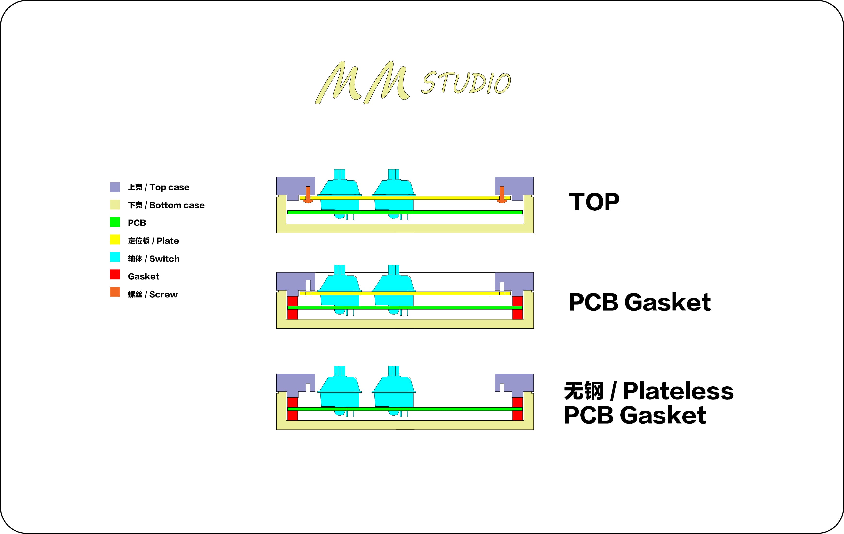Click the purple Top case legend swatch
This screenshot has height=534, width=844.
pyautogui.click(x=115, y=187)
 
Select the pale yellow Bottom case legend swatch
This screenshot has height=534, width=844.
pyautogui.click(x=115, y=205)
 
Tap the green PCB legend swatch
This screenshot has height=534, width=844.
pyautogui.click(x=115, y=222)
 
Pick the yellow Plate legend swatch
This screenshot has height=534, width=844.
pyautogui.click(x=115, y=240)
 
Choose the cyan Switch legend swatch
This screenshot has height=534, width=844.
pyautogui.click(x=115, y=257)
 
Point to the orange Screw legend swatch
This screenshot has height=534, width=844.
pyautogui.click(x=115, y=292)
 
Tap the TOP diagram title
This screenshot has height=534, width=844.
pyautogui.click(x=594, y=202)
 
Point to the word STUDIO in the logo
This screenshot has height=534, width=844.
pyautogui.click(x=466, y=83)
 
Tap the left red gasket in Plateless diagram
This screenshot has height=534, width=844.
pyautogui.click(x=292, y=409)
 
